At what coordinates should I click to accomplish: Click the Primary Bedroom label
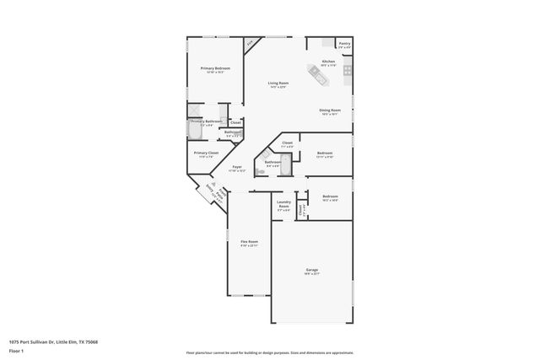pos(215,68)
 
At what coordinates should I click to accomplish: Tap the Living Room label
pos(278,83)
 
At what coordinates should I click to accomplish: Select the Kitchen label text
pos(328,62)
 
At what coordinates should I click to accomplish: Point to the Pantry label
pos(343,43)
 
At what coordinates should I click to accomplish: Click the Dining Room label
pos(329,110)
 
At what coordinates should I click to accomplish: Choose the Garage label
pos(311,270)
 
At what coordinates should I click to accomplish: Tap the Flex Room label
pos(249,241)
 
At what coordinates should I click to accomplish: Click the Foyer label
pos(237,167)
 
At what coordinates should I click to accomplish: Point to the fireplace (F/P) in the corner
pos(250,42)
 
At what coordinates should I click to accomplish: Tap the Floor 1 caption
pos(16,352)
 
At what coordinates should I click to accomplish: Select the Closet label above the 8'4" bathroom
pos(287,143)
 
